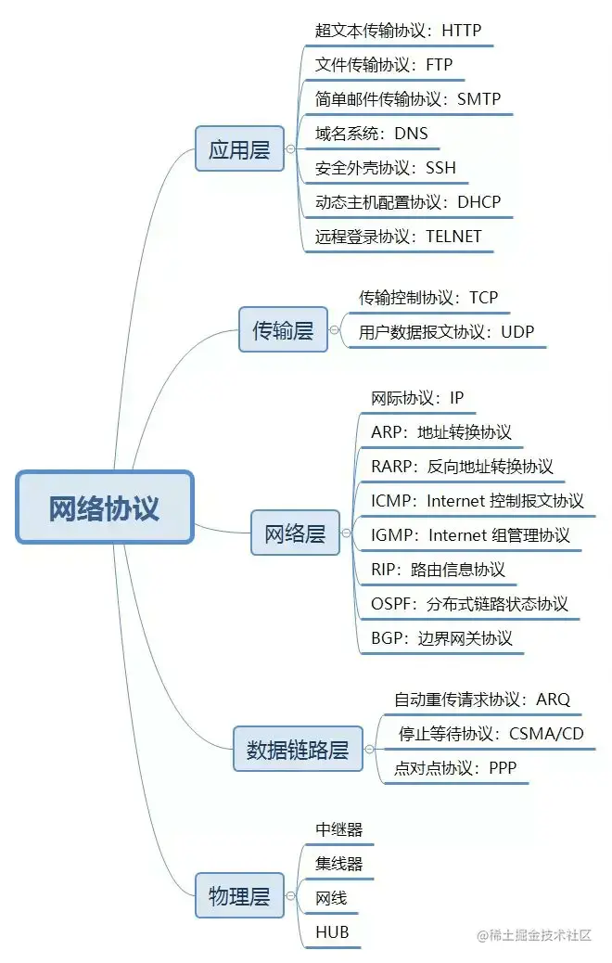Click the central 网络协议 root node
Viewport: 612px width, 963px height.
pyautogui.click(x=104, y=507)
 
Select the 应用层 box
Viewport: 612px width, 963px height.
pyautogui.click(x=239, y=149)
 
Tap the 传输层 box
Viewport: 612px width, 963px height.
pyautogui.click(x=283, y=329)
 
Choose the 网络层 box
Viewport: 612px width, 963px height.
pyautogui.click(x=295, y=533)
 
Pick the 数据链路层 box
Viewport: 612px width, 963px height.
pyautogui.click(x=297, y=750)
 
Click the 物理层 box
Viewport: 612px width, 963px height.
pyautogui.click(x=239, y=896)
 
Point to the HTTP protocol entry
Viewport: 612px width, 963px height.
pyautogui.click(x=398, y=31)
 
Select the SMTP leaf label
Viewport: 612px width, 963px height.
pyautogui.click(x=408, y=99)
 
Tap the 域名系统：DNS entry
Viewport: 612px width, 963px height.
pyautogui.click(x=371, y=134)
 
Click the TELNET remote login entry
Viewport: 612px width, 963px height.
pyautogui.click(x=398, y=236)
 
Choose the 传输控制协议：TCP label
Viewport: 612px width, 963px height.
pyautogui.click(x=428, y=298)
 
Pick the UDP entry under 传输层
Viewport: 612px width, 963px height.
pyautogui.click(x=447, y=332)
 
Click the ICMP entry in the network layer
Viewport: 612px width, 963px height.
pyautogui.click(x=477, y=501)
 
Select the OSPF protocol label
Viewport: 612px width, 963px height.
pyautogui.click(x=469, y=604)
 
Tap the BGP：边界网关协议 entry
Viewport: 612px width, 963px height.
pyautogui.click(x=440, y=638)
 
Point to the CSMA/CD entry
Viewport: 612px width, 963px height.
pyautogui.click(x=491, y=734)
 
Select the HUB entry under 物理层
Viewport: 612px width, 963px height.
pyautogui.click(x=332, y=932)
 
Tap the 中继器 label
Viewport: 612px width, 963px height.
pyautogui.click(x=338, y=829)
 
